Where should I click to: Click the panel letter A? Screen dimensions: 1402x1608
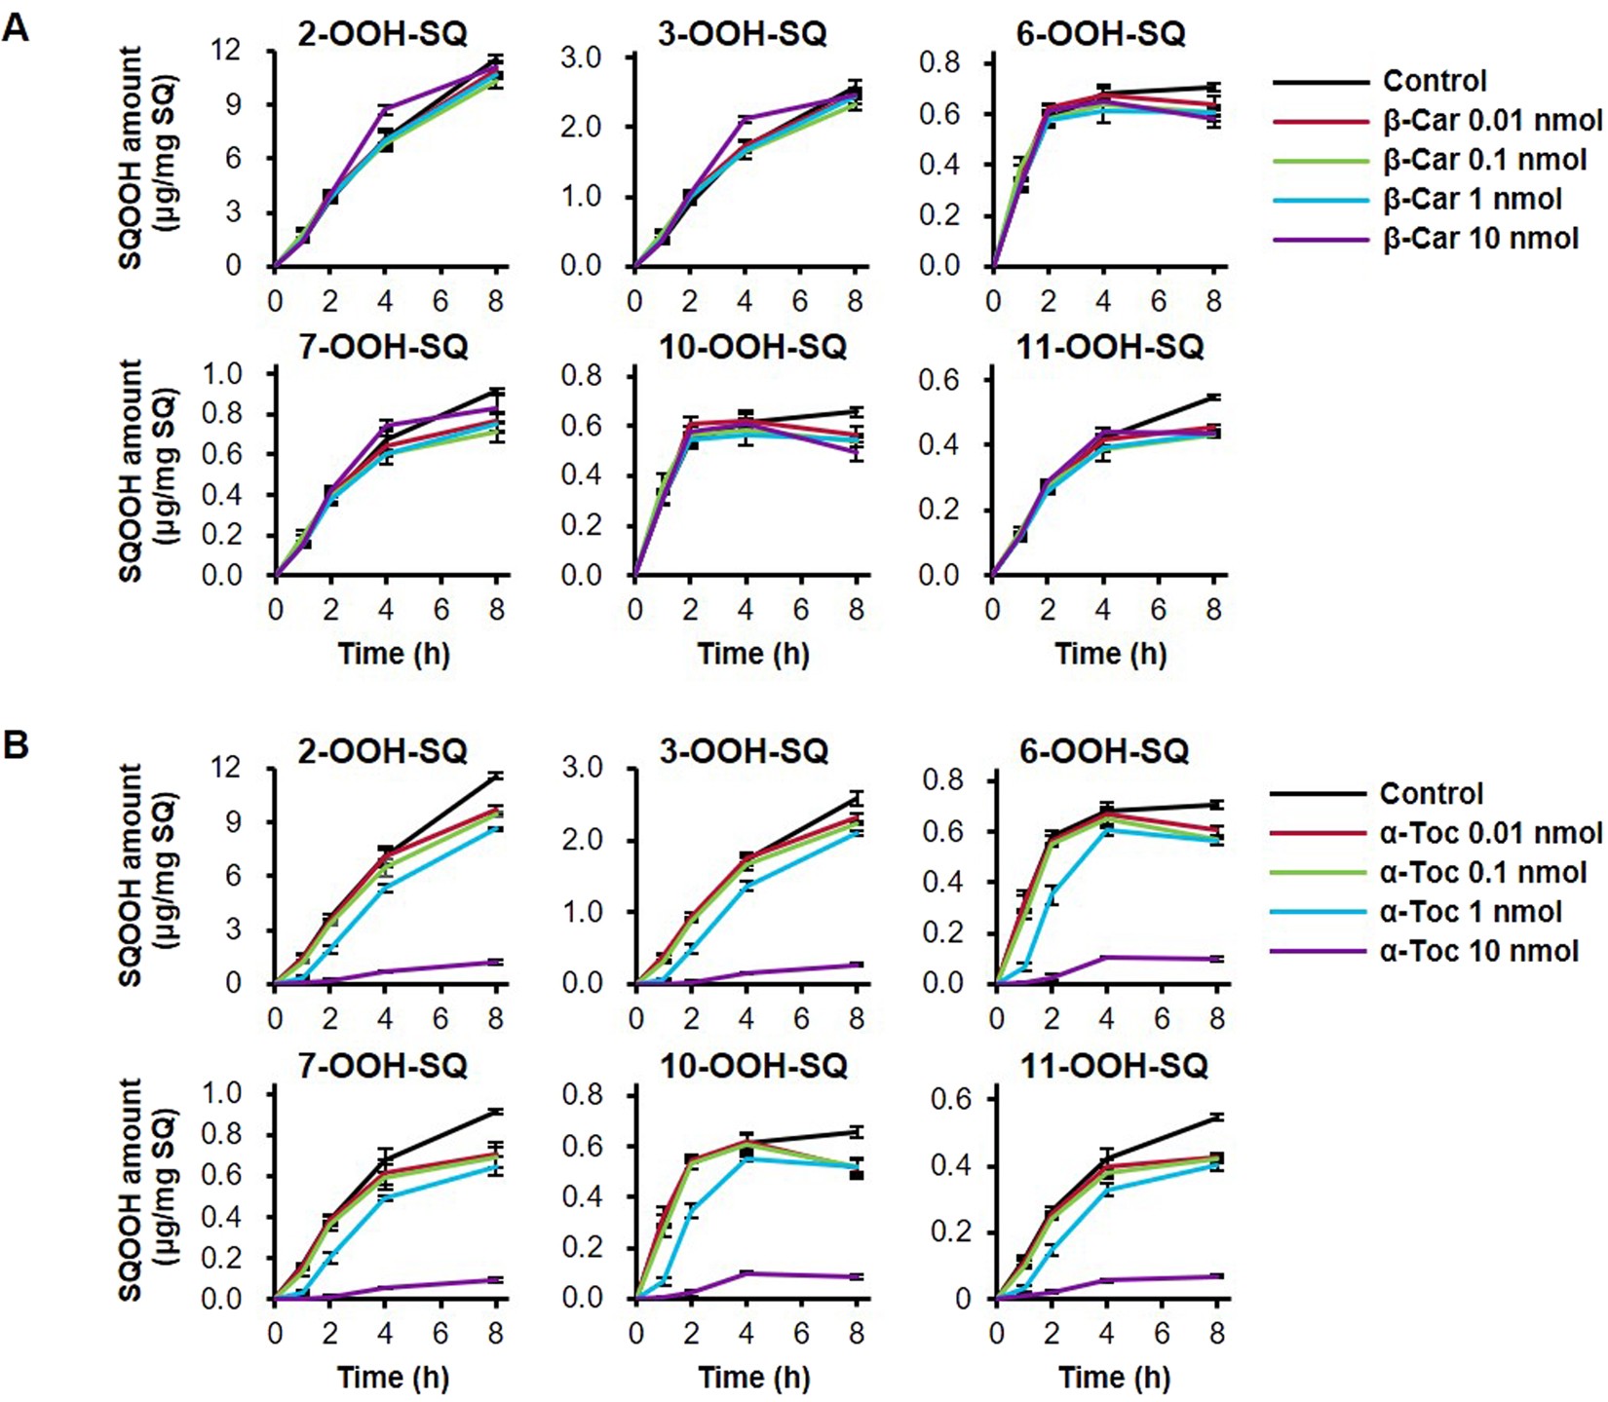(16, 26)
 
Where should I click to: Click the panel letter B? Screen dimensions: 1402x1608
(16, 745)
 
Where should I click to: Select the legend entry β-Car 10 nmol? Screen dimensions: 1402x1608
(1480, 239)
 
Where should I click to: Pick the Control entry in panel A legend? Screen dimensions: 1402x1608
(1435, 81)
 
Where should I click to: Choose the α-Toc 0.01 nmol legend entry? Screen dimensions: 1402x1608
(1490, 833)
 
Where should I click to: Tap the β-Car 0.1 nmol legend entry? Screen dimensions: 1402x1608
(1484, 160)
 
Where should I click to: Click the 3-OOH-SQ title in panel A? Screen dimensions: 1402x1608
(743, 34)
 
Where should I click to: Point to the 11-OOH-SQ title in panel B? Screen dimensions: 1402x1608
(1114, 1066)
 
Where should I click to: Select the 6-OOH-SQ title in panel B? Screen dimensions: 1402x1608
(1104, 751)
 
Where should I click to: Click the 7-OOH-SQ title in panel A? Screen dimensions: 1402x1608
(383, 347)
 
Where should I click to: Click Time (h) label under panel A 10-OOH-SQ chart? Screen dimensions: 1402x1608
(753, 654)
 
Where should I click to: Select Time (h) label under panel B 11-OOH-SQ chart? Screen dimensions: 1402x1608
(1114, 1378)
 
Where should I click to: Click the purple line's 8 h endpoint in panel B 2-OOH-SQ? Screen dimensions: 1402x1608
(496, 962)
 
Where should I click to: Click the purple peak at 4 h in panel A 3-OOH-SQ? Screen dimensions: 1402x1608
(746, 119)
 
